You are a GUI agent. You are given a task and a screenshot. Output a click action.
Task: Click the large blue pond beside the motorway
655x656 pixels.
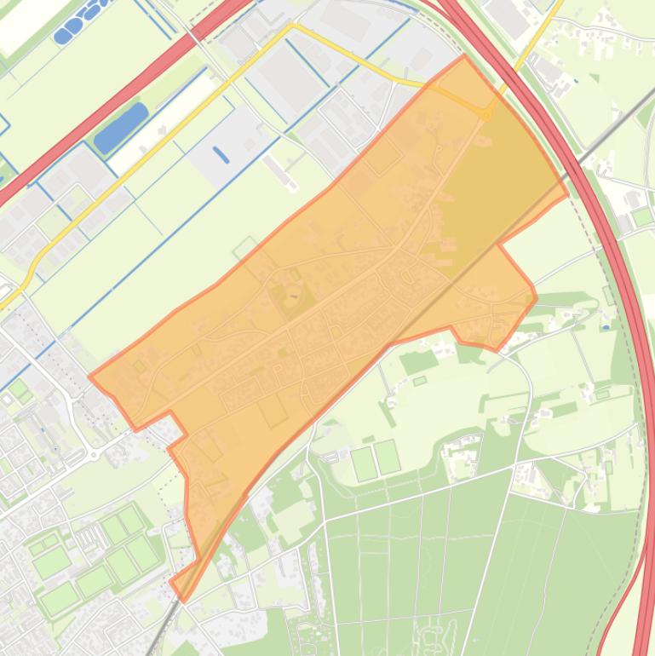120,128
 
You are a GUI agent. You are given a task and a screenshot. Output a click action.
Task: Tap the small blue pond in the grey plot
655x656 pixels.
221,154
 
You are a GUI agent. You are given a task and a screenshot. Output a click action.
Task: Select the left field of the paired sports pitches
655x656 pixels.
364,463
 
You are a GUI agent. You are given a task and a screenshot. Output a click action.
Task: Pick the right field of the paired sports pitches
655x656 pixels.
388,457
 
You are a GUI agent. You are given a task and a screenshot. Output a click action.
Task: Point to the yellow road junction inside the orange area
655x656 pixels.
487,113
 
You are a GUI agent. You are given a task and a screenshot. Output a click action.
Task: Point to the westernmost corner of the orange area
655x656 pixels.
89,375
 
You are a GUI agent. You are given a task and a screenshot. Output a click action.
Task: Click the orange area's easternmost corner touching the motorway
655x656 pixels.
567,194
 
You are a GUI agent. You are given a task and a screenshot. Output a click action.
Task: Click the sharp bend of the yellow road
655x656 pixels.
293,26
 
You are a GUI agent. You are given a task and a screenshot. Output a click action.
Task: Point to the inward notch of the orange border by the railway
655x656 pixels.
497,245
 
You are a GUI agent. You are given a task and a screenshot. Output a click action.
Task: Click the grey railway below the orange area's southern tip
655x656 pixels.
166,631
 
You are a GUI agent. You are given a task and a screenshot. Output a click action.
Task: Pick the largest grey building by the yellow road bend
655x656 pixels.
290,72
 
